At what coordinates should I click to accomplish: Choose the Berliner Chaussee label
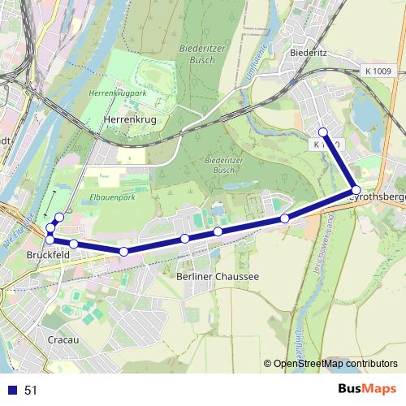tap(218, 276)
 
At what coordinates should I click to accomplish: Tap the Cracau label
tap(63, 339)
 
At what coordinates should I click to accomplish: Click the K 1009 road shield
tap(375, 71)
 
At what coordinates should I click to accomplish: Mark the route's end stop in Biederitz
tap(323, 132)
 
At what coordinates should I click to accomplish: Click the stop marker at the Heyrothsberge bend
tap(356, 189)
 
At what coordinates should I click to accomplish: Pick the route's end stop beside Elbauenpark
tap(58, 217)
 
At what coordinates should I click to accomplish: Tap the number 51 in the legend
tap(31, 391)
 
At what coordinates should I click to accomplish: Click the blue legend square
tap(11, 391)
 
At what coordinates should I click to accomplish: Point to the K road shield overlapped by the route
tap(324, 145)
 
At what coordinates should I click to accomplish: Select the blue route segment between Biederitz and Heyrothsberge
tap(339, 161)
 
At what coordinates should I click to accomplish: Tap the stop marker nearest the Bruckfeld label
tap(50, 240)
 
